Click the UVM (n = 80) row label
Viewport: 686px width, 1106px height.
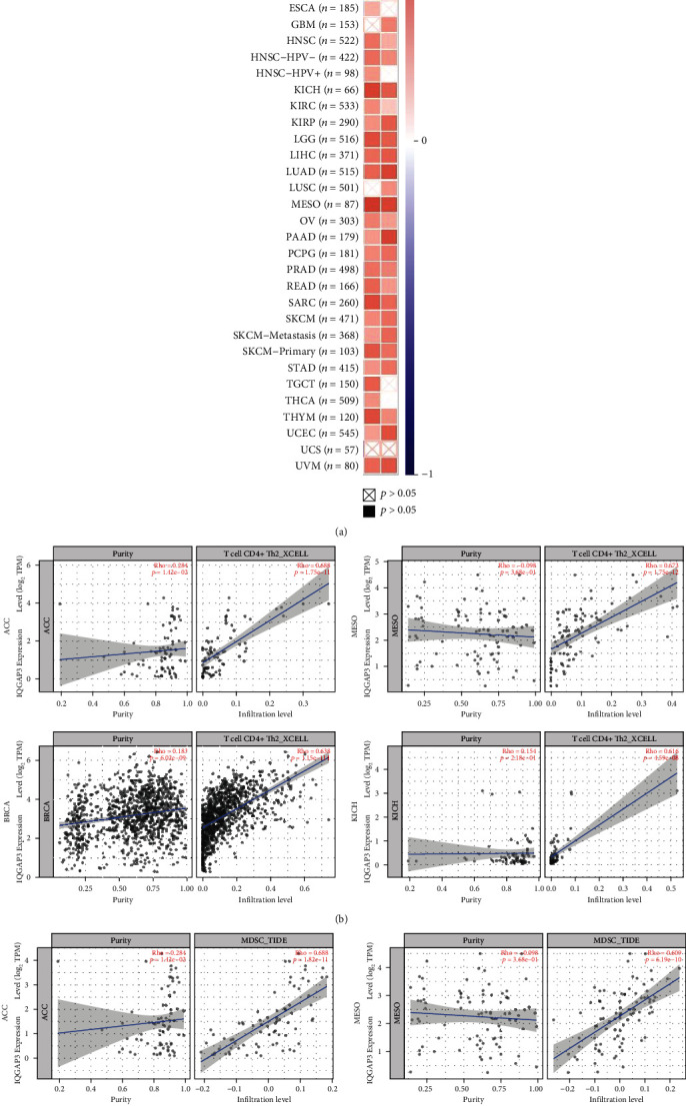[324, 464]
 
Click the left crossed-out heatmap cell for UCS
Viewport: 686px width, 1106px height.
[371, 448]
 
